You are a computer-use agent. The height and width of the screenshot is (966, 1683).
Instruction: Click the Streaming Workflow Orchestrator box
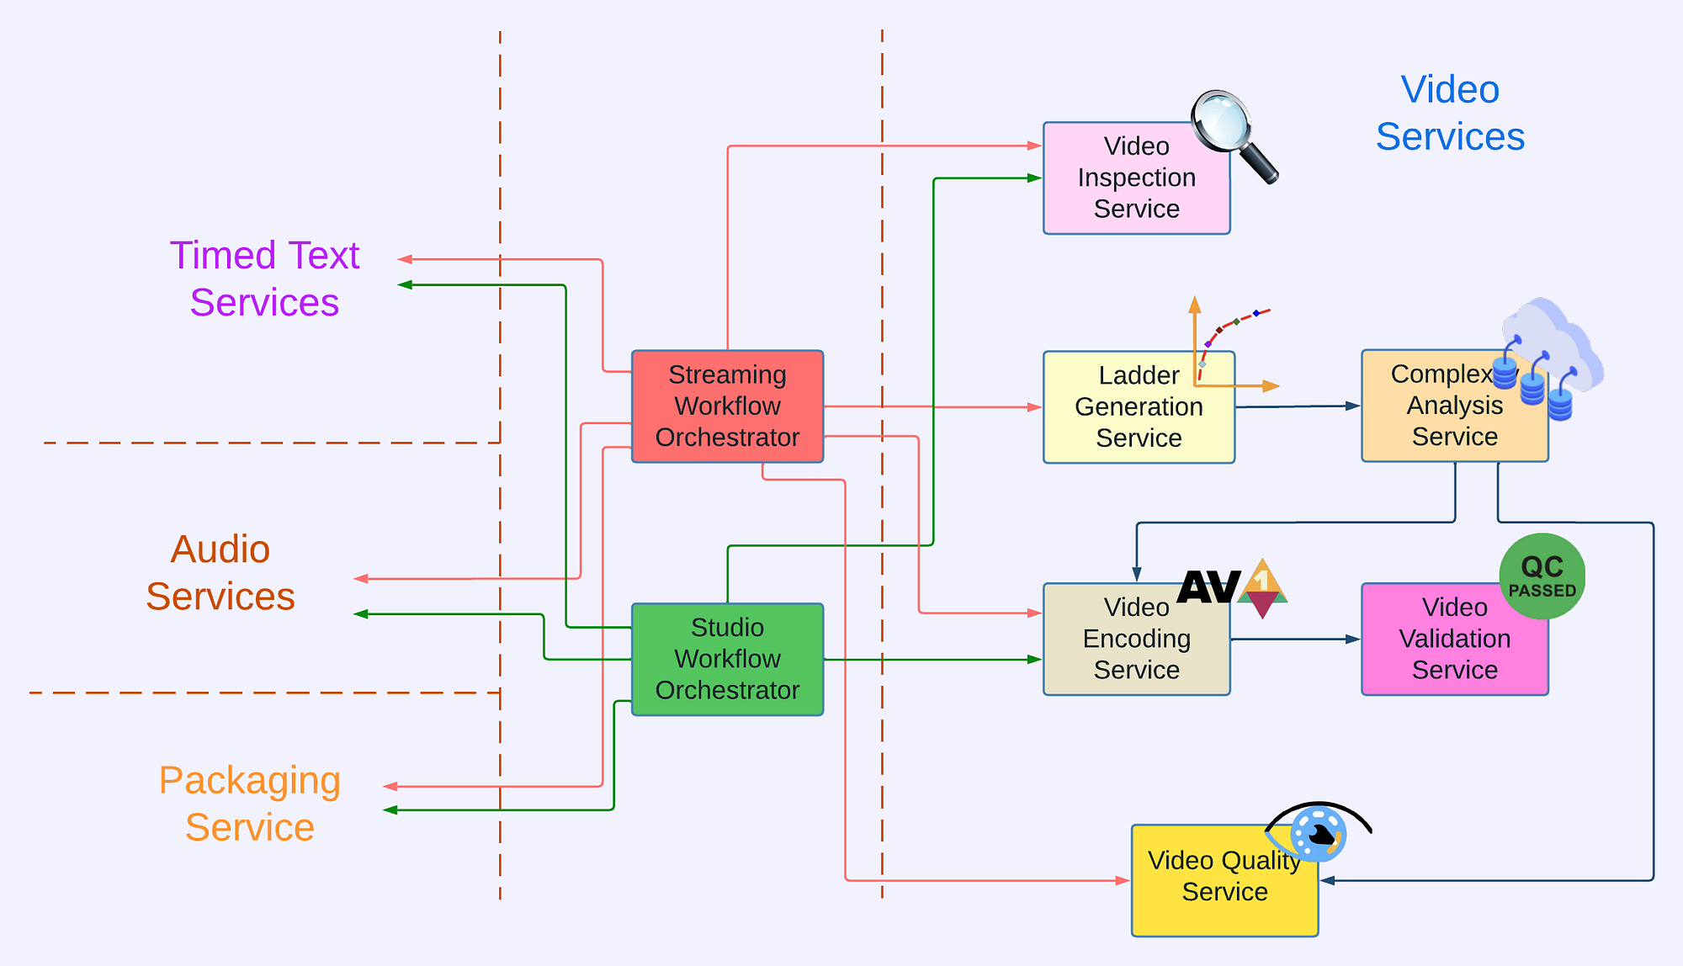tap(727, 406)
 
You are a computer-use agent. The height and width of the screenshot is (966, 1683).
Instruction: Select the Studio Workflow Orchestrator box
tap(727, 659)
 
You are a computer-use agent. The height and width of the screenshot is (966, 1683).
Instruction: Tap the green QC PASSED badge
tap(1542, 576)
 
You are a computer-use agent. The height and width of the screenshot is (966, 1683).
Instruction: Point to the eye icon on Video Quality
tap(1318, 831)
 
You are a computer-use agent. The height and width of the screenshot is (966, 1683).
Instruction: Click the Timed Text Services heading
tap(264, 279)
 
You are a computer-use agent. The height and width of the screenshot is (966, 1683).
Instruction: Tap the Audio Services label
tap(220, 573)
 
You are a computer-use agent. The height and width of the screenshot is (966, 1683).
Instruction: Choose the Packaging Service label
tap(250, 804)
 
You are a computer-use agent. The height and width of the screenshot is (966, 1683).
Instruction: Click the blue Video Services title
tap(1449, 113)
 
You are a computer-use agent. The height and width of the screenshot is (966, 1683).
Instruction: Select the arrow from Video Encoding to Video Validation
tap(1295, 640)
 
